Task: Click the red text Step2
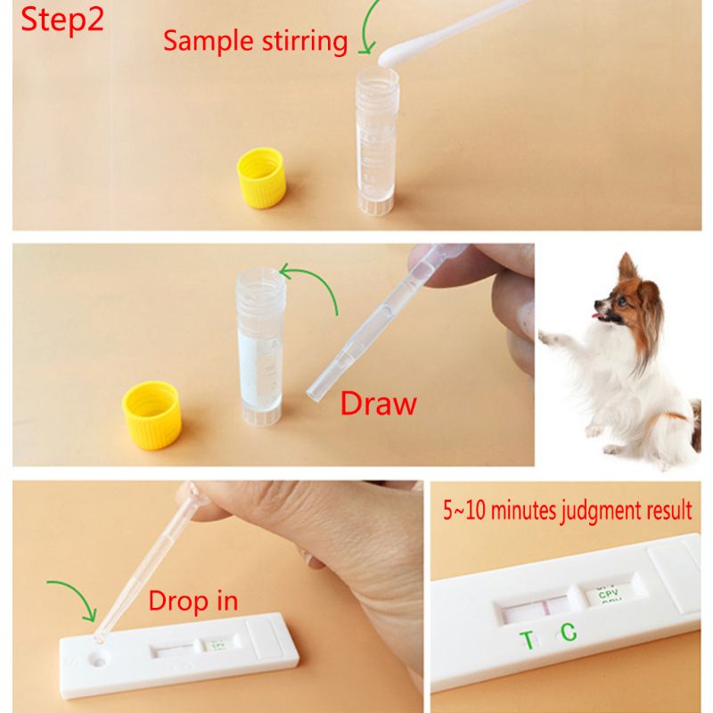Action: click(x=55, y=20)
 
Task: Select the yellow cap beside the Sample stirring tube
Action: click(x=261, y=178)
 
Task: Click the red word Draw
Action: click(x=378, y=403)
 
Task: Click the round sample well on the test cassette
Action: click(x=96, y=660)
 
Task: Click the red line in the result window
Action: click(x=543, y=610)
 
